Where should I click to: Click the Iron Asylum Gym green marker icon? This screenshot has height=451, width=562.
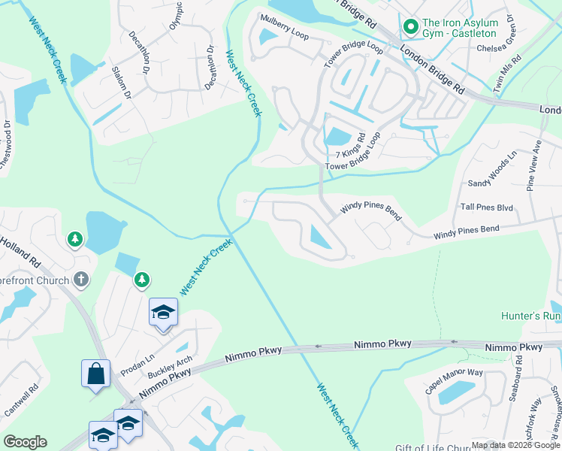(410, 27)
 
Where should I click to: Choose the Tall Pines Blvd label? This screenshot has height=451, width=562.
(487, 207)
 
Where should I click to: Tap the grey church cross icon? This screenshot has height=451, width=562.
(81, 280)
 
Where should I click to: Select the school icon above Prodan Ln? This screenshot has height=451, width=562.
(162, 312)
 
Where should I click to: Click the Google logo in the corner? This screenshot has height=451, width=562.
(25, 441)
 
